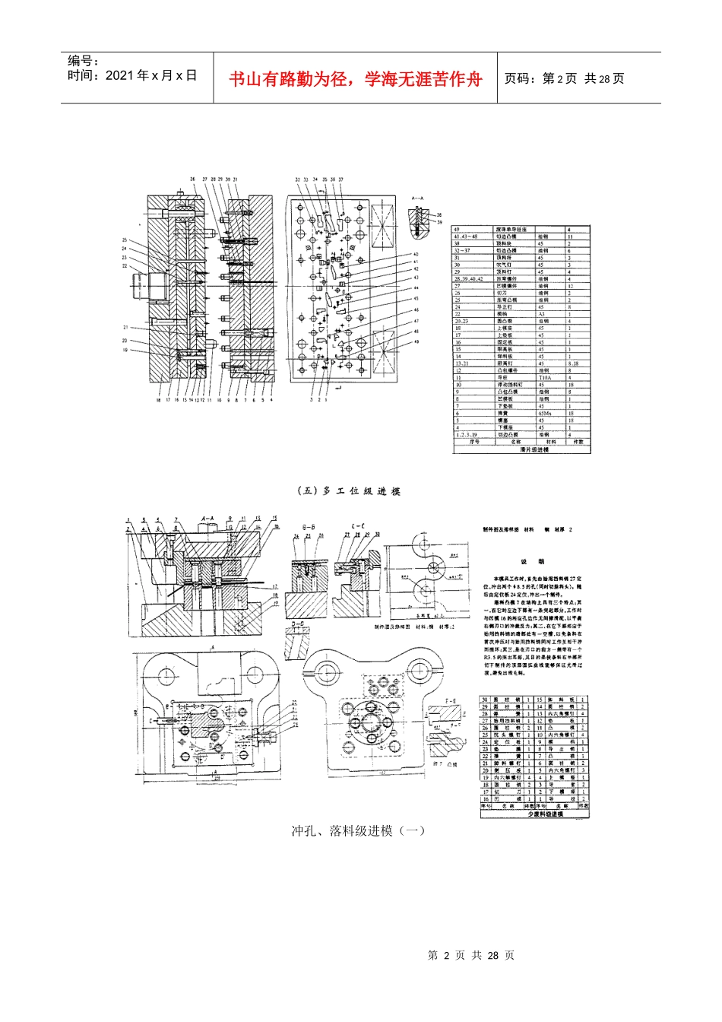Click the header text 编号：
tap(84, 61)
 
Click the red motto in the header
tap(356, 78)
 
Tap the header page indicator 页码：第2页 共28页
tap(564, 78)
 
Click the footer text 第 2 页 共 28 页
tap(471, 955)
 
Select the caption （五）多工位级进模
tap(348, 491)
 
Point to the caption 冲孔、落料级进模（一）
tap(358, 830)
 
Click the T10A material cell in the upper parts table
tap(545, 377)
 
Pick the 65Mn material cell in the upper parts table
tap(545, 413)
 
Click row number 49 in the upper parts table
tap(457, 229)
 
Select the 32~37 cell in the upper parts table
tap(462, 250)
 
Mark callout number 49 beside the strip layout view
tap(416, 341)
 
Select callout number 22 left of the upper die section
tap(124, 266)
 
